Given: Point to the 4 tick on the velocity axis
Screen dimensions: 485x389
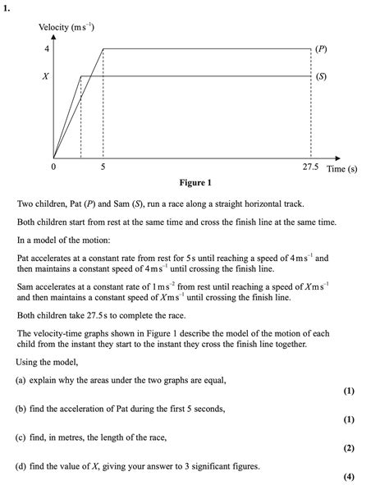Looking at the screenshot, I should [46, 49].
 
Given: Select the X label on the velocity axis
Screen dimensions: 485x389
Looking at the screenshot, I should [46, 76].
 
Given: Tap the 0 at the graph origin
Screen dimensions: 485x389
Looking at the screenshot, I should [54, 168].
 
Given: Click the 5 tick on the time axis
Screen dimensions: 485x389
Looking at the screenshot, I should [103, 168].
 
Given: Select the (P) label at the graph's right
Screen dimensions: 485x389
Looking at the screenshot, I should [321, 49].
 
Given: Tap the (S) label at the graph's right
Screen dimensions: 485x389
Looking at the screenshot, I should [321, 76].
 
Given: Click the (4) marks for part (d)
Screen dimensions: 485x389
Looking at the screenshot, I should [350, 477].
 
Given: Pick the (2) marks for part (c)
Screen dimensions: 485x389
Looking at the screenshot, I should [350, 448].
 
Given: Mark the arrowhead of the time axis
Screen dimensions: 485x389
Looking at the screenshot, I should [338, 158].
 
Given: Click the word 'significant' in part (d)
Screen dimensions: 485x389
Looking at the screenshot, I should [220, 466].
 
